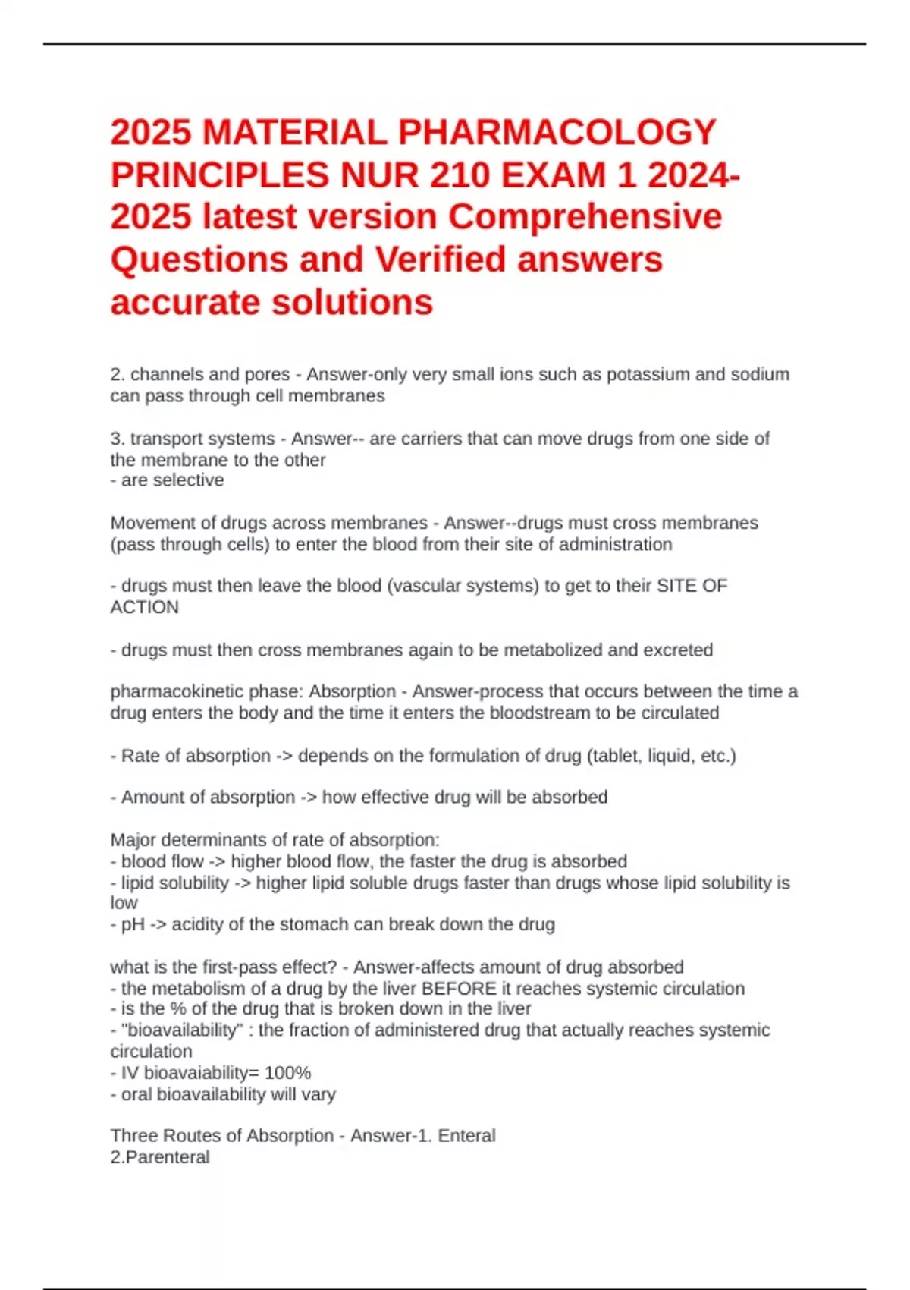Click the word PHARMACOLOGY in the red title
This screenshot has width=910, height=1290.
click(557, 133)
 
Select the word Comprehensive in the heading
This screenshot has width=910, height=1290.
click(585, 217)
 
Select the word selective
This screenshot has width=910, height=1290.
click(192, 480)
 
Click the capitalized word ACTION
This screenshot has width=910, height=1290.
click(145, 607)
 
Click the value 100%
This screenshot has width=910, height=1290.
click(287, 1072)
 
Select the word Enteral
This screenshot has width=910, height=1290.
click(466, 1135)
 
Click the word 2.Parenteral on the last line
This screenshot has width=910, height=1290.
click(160, 1157)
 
